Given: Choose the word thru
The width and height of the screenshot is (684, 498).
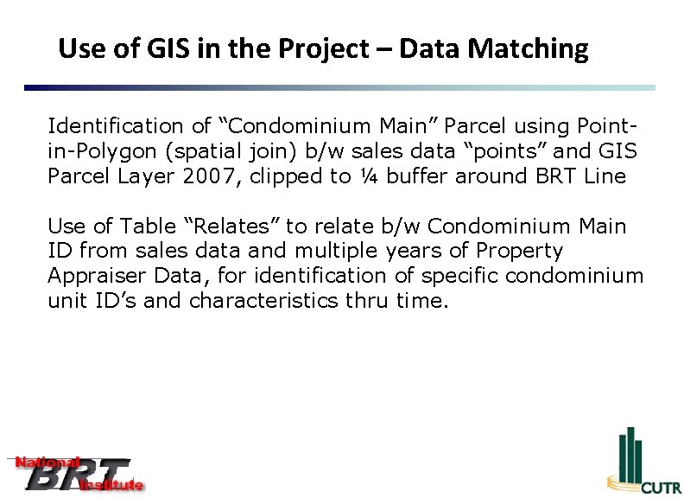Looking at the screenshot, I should tap(370, 301).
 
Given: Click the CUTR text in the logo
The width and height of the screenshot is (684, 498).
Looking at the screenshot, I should tap(661, 488).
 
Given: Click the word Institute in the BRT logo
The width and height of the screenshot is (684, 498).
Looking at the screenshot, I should tap(111, 485).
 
